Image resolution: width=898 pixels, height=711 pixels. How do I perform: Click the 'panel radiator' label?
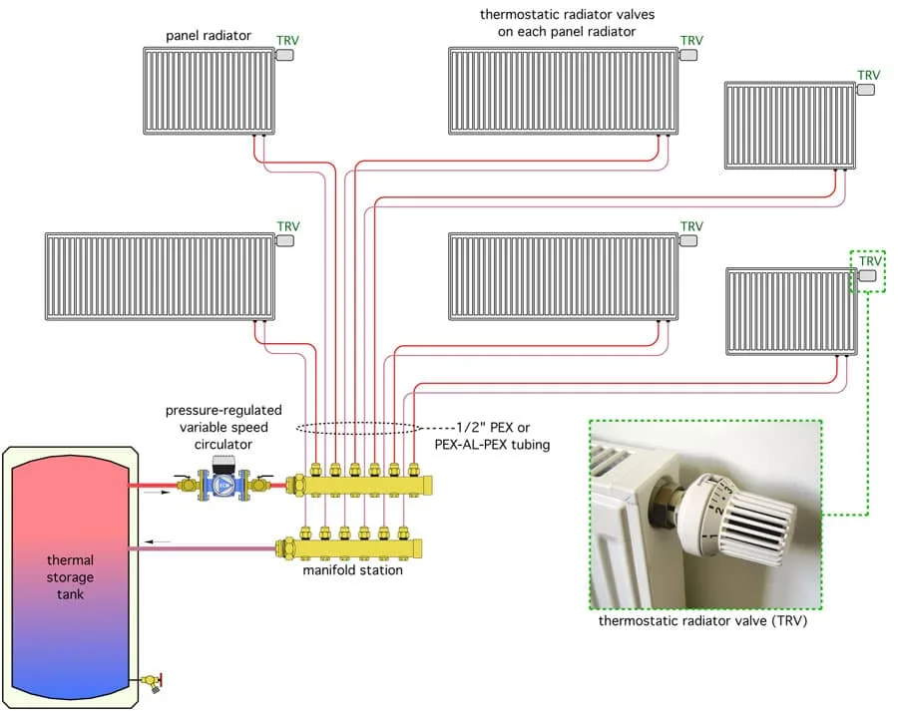pos(209,36)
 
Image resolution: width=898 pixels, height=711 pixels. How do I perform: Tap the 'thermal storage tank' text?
pos(70,577)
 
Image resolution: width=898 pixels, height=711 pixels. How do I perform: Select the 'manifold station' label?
pos(352,570)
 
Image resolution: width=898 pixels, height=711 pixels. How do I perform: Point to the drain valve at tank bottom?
pos(153,682)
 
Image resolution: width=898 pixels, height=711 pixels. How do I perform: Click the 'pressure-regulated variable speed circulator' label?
pos(224,427)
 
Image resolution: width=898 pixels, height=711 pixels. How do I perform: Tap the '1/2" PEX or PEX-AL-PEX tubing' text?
pos(493,436)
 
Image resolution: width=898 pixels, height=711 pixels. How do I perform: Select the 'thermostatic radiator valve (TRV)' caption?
pos(702,620)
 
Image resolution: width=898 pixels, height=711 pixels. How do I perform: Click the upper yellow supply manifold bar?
pos(359,486)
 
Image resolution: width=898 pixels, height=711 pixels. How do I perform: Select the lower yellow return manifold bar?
pos(349,548)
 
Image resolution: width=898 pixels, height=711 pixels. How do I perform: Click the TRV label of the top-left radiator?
pos(287,40)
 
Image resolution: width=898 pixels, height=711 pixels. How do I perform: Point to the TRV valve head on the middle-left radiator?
pos(285,240)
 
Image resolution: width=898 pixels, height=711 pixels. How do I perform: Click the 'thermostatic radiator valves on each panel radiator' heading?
pos(567,23)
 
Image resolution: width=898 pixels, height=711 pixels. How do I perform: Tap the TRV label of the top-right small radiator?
pos(868,75)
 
